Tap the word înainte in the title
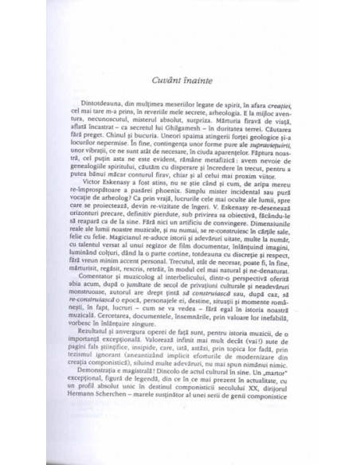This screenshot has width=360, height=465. pyautogui.click(x=196, y=78)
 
